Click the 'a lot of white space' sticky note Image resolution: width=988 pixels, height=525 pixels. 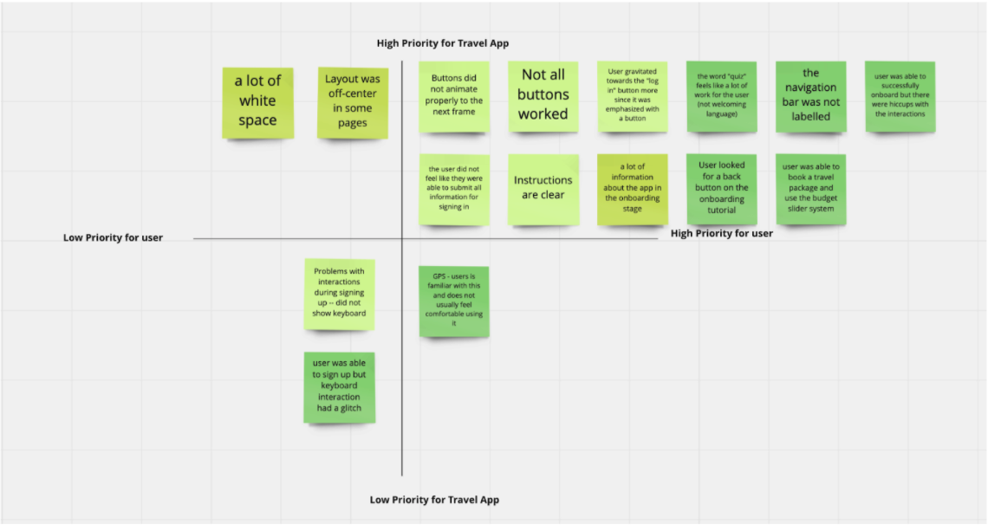click(x=257, y=102)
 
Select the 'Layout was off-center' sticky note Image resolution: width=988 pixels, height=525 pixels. click(x=353, y=102)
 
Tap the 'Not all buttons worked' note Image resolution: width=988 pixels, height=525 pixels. click(x=543, y=96)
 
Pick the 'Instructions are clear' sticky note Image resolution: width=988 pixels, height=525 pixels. click(x=543, y=190)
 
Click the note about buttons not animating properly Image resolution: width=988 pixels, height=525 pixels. click(x=454, y=96)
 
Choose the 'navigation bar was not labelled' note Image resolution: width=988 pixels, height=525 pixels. click(x=811, y=96)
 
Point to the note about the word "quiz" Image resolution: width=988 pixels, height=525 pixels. click(x=721, y=96)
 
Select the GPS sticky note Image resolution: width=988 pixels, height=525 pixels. click(x=454, y=301)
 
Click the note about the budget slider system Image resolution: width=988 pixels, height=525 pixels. click(x=811, y=190)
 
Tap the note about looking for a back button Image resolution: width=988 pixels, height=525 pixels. click(x=721, y=190)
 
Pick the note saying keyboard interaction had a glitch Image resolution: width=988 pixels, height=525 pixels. click(x=340, y=387)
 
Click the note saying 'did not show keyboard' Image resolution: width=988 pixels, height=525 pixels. click(x=340, y=294)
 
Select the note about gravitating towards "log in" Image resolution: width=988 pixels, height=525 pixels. click(x=633, y=96)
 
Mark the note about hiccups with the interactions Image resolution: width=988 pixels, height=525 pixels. click(x=900, y=96)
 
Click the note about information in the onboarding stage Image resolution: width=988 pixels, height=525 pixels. click(x=633, y=190)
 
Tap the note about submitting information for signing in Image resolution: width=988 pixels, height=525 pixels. click(x=454, y=190)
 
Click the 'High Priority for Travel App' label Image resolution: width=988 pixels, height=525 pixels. click(x=443, y=43)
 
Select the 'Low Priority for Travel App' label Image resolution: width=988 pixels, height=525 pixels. click(x=434, y=500)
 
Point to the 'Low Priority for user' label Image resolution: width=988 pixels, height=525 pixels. click(x=113, y=238)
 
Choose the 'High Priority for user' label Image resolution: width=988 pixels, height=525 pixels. click(x=721, y=234)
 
